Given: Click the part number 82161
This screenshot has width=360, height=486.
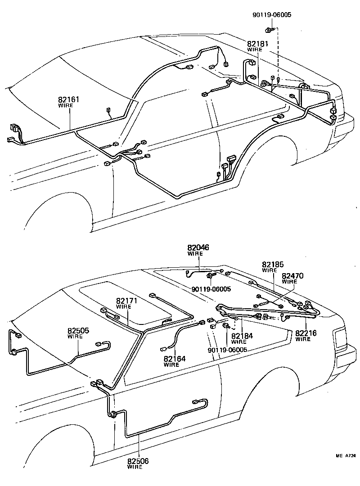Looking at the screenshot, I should click(69, 99).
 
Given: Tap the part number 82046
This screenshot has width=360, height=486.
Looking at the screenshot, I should click(198, 248).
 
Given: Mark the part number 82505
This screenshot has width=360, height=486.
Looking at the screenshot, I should click(79, 331).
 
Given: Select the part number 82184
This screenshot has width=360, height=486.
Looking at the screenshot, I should click(242, 336).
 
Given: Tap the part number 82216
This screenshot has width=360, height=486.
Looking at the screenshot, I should click(306, 333).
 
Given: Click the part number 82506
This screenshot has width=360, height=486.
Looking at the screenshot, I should click(138, 461).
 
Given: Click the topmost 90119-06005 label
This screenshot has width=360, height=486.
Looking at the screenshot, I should click(271, 14).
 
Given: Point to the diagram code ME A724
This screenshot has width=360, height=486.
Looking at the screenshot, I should click(346, 456).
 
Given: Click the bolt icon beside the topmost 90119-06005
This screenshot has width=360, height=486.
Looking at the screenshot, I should click(268, 30).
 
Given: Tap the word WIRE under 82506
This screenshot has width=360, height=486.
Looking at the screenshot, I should click(135, 467).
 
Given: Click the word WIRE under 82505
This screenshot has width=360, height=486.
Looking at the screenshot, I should click(75, 337).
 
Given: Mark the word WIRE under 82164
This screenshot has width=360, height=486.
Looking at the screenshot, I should click(171, 364).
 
